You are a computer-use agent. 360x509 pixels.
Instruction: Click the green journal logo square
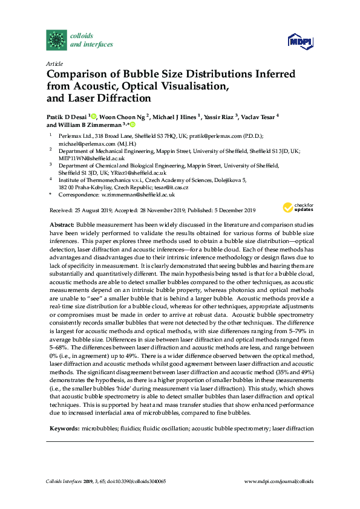57,40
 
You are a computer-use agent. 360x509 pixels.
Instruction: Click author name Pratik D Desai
67,116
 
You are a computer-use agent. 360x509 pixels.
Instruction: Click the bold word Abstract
61,224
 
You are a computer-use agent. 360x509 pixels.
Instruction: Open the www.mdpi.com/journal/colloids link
278,481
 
